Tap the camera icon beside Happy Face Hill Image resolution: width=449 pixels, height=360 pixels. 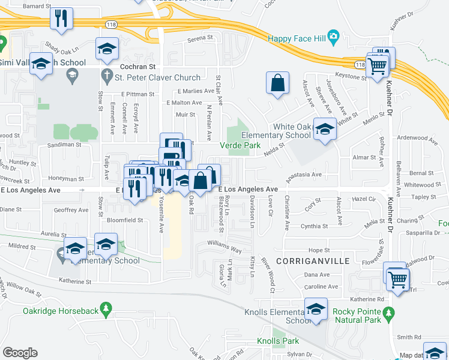334,37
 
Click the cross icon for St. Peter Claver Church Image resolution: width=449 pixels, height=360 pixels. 107,77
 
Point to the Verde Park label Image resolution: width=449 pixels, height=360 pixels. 240,145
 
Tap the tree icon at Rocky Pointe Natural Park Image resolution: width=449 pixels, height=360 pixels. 389,313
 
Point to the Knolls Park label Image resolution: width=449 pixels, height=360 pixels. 278,341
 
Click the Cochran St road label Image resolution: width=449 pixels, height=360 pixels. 137,67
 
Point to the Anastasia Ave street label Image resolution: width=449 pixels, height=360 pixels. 304,175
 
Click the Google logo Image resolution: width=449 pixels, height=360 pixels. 20,353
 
